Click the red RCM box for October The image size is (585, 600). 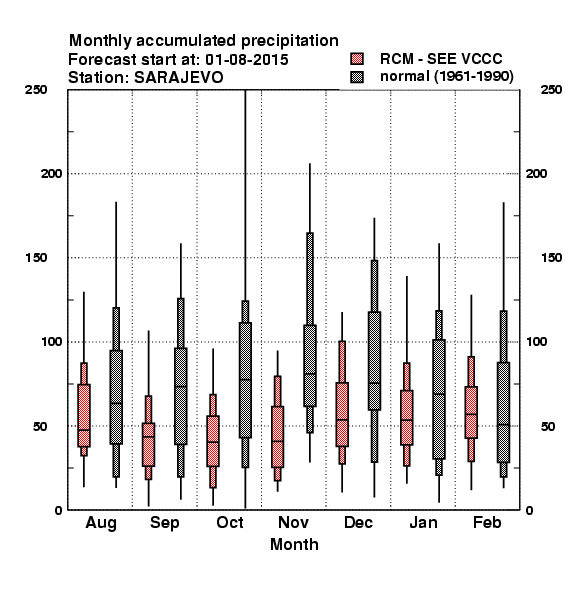(x=213, y=441)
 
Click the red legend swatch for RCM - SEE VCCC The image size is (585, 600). (x=357, y=59)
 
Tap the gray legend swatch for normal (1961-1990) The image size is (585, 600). (x=357, y=77)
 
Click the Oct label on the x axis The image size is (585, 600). (x=230, y=522)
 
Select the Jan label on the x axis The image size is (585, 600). (x=423, y=522)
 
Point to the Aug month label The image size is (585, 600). (x=101, y=523)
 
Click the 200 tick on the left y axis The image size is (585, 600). (x=51, y=173)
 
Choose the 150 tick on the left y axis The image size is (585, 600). (x=36, y=258)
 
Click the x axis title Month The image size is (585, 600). (x=294, y=544)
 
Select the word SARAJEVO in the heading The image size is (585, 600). (x=179, y=78)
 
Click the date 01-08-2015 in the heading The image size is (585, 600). (x=247, y=60)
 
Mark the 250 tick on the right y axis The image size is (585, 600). (x=552, y=90)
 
